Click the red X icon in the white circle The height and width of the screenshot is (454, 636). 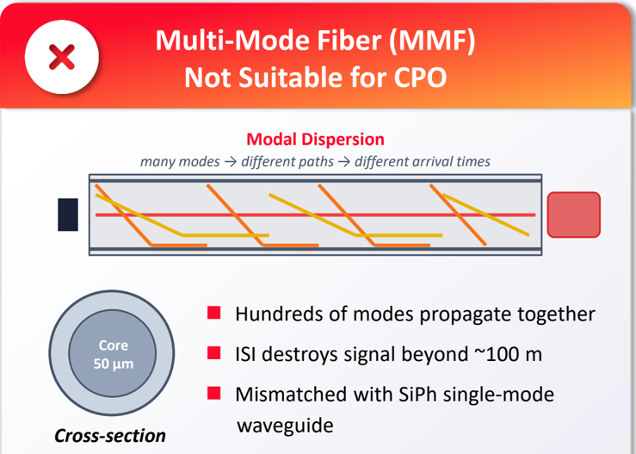62,57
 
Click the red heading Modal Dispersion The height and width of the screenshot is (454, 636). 315,140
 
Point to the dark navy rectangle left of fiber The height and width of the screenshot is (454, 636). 68,215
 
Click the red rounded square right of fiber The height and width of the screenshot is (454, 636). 573,215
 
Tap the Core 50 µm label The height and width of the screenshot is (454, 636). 113,354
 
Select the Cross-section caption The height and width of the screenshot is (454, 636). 110,436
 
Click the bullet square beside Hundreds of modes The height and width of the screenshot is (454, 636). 213,313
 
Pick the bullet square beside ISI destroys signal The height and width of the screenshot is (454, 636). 213,353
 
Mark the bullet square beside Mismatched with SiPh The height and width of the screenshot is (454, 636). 213,393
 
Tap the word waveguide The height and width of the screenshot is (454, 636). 285,426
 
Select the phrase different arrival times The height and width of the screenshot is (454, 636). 423,162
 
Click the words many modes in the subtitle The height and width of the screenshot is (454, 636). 180,162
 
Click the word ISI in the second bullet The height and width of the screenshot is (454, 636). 245,354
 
